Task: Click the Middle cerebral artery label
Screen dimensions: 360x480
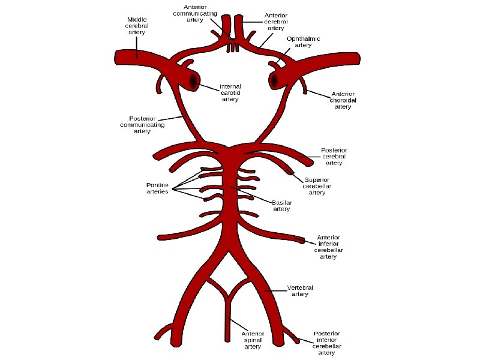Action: (x=137, y=26)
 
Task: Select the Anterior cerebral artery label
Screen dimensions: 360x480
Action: (x=275, y=21)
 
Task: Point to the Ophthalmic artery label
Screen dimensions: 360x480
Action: (x=303, y=42)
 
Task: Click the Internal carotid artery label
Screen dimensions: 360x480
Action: (x=230, y=92)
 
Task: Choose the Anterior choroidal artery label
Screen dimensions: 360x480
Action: (x=343, y=100)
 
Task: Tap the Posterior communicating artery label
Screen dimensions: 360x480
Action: (x=142, y=125)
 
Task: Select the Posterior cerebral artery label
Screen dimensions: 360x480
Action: (x=334, y=156)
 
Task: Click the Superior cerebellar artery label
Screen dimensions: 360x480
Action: (x=317, y=186)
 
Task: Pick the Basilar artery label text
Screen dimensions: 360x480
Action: (x=282, y=206)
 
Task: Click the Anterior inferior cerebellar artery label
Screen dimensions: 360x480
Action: (x=328, y=247)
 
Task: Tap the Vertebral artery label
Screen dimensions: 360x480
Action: (x=300, y=291)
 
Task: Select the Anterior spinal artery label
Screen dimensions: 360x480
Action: (x=253, y=340)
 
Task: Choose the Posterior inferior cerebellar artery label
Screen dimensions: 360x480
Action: (x=327, y=343)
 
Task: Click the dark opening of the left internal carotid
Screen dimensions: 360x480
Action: (x=193, y=80)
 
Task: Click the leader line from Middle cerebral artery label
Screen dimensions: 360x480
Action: (x=137, y=44)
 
